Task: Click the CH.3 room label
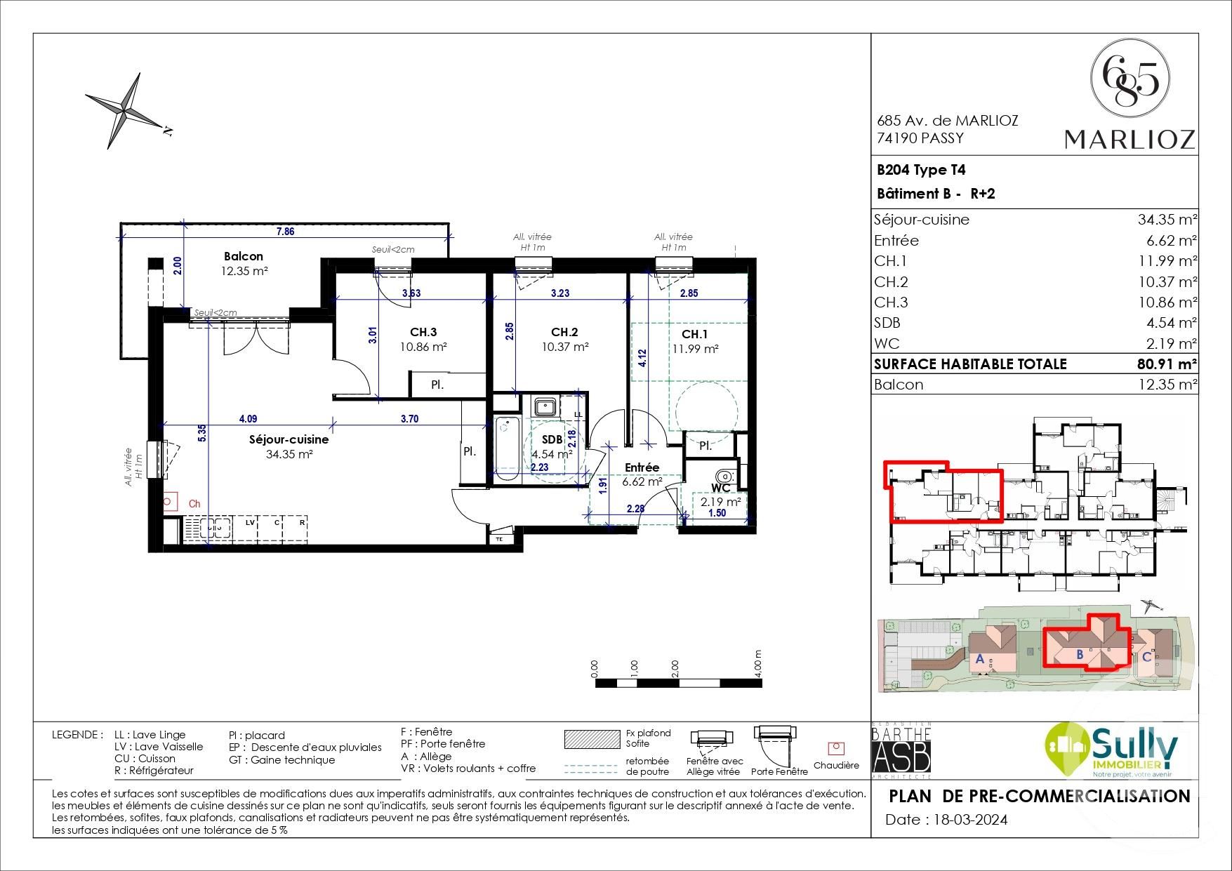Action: pyautogui.click(x=423, y=332)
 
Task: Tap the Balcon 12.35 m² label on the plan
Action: pyautogui.click(x=244, y=263)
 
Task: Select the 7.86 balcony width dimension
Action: pyautogui.click(x=285, y=231)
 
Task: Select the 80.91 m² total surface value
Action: pyautogui.click(x=1166, y=364)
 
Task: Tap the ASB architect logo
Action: pyautogui.click(x=901, y=755)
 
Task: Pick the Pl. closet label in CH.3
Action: pyautogui.click(x=437, y=385)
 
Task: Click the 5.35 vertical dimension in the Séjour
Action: pyautogui.click(x=202, y=432)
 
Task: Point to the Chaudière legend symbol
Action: pyautogui.click(x=835, y=748)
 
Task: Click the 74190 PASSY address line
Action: pyautogui.click(x=920, y=138)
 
